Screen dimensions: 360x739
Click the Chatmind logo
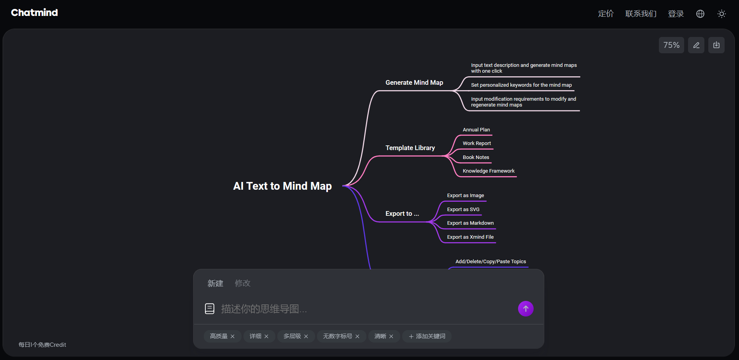coord(34,13)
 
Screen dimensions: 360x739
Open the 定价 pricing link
coord(606,14)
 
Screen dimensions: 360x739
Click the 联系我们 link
coord(641,14)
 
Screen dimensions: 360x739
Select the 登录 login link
coord(676,14)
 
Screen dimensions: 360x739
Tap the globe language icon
coord(700,14)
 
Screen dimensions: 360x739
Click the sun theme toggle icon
coord(721,14)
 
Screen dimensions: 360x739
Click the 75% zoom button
coord(671,45)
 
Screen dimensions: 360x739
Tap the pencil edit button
coord(696,45)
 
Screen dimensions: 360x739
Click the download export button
coord(716,45)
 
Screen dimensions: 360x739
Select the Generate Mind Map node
coord(414,82)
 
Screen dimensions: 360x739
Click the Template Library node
coord(410,148)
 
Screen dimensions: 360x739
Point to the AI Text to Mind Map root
coord(282,186)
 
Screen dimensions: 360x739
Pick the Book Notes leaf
coord(476,157)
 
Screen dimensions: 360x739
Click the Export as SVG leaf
coord(463,210)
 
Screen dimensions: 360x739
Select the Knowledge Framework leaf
coord(489,171)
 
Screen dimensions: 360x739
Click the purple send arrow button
coord(525,309)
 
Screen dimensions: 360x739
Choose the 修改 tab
coord(243,283)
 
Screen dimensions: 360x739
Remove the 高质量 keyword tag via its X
coord(233,336)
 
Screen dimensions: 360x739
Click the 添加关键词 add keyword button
coord(427,336)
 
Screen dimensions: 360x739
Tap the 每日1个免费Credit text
coord(42,345)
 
